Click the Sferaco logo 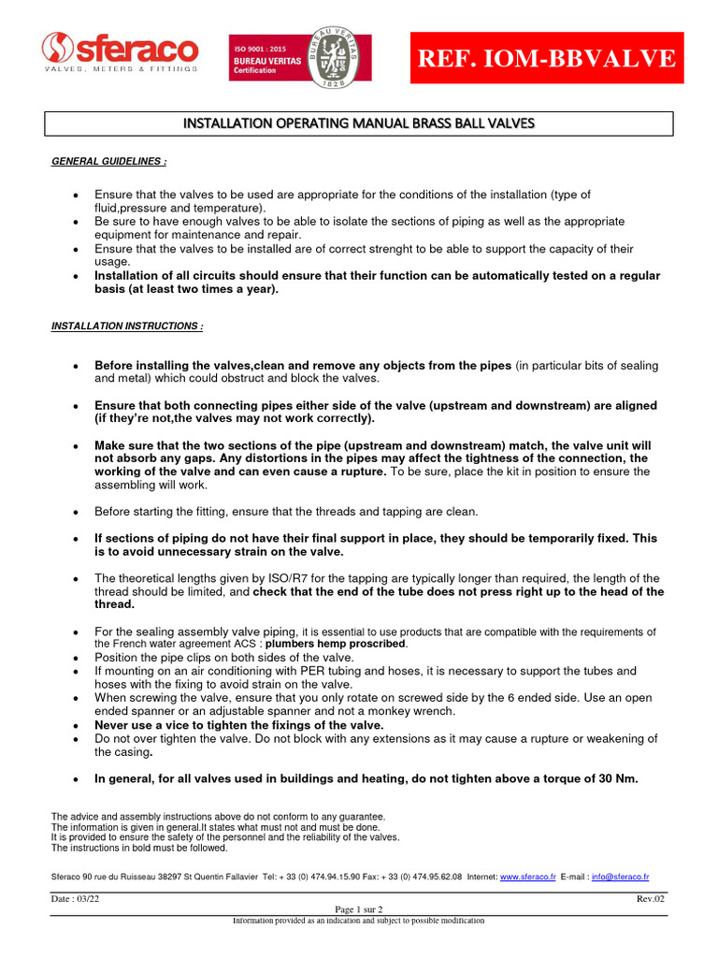click(x=120, y=53)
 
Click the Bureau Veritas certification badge click(x=299, y=57)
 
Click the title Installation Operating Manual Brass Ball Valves click(x=359, y=123)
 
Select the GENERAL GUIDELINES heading click(x=108, y=162)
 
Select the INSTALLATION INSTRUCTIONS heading click(x=126, y=326)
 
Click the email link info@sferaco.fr click(x=620, y=877)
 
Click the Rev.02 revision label click(x=651, y=899)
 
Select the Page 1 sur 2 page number click(x=359, y=909)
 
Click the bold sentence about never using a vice click(x=239, y=725)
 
